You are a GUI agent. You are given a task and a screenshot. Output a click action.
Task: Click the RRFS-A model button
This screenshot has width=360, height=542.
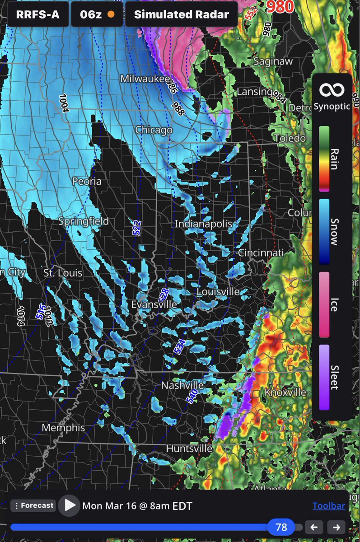coord(37,14)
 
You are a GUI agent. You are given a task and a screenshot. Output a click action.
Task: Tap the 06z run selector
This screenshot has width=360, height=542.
coord(97,14)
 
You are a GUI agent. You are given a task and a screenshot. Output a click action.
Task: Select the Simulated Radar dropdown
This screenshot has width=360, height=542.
coord(181,14)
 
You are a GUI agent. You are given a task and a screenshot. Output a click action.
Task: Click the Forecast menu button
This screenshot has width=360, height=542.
coord(33,505)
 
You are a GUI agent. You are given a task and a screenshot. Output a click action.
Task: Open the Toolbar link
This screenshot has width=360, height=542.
coord(328,506)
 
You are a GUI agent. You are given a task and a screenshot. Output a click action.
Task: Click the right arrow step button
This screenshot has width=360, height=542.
coord(336,527)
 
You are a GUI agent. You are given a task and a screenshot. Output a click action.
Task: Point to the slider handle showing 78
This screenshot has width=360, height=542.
coord(281,527)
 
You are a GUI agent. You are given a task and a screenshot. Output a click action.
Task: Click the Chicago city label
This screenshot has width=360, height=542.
coord(154,130)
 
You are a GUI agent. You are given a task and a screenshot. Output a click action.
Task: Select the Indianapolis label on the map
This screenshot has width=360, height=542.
coord(203,224)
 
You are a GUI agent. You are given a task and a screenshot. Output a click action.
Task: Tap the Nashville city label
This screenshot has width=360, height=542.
coord(182,386)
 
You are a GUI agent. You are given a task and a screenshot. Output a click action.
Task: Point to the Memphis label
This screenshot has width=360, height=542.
coord(63,428)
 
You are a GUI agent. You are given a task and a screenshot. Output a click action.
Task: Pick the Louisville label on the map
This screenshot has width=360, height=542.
coord(218,292)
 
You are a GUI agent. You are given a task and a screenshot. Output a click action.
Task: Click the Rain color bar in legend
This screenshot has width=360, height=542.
coord(324,159)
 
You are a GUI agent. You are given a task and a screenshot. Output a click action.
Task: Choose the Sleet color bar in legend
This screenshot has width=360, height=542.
coord(324,377)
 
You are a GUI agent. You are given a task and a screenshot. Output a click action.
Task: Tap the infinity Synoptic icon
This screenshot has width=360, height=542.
coord(332,90)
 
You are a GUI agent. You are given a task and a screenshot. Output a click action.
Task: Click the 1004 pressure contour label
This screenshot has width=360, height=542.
coord(63,103)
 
